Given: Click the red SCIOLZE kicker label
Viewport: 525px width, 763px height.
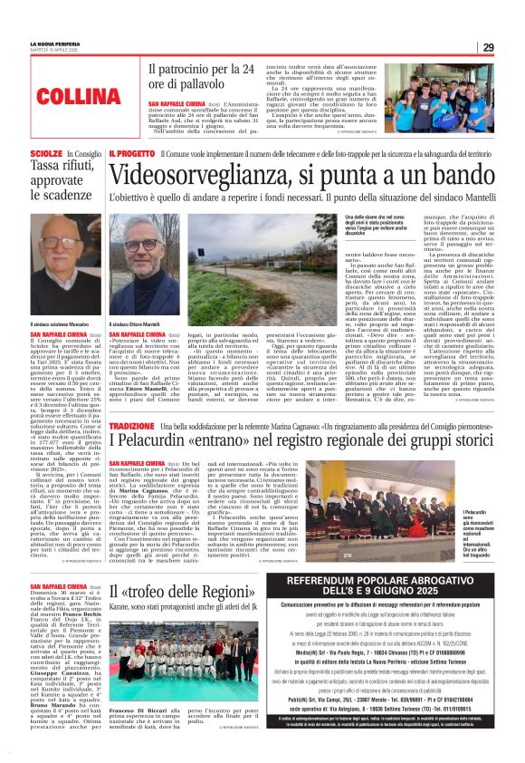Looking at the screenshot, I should coord(46,155).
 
